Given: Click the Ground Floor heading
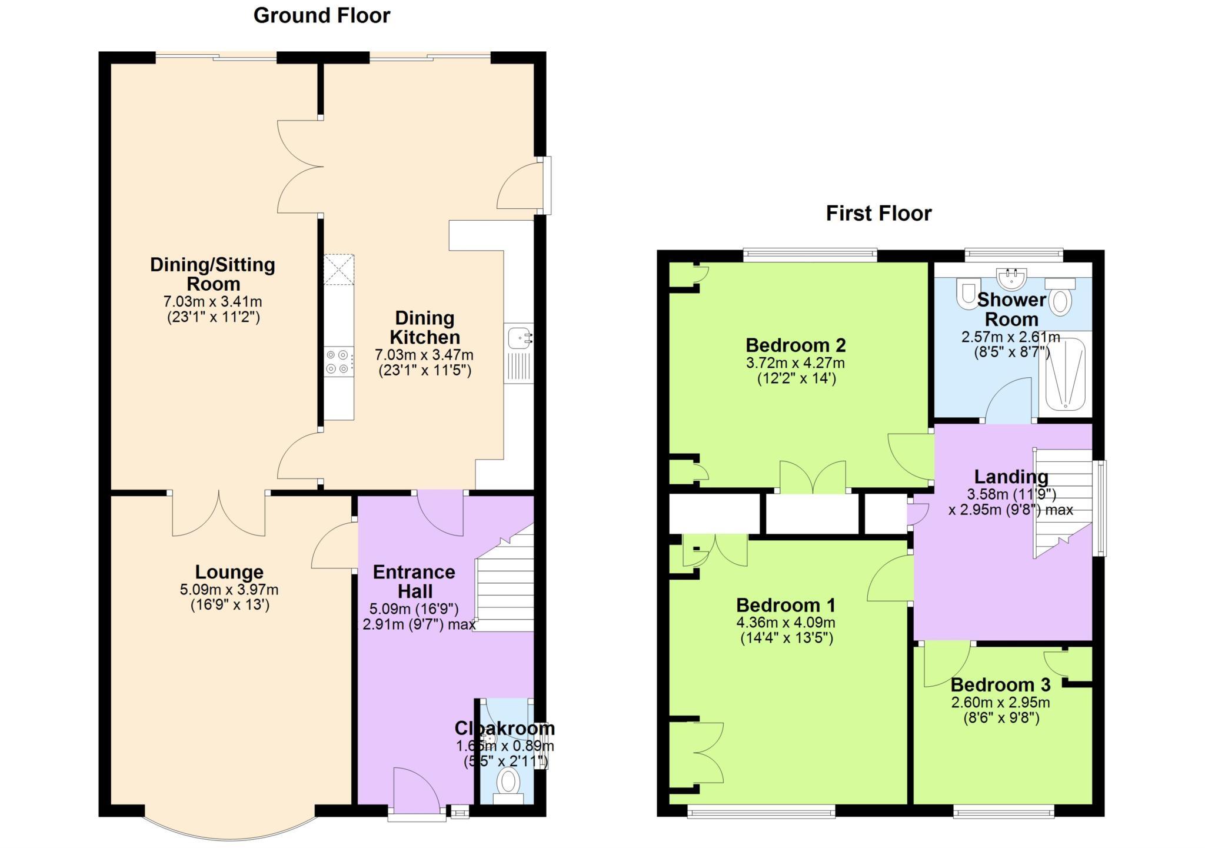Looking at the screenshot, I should (x=321, y=16).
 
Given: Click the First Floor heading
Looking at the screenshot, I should (x=878, y=213).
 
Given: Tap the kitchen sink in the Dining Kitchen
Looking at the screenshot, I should (x=520, y=338).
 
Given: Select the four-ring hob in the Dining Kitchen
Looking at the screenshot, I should (x=339, y=362).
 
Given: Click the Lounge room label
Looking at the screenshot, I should (x=229, y=572).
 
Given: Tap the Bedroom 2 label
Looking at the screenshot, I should (x=795, y=345).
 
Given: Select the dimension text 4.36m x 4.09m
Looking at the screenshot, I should (x=785, y=623).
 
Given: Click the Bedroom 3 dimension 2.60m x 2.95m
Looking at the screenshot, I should (x=1000, y=702).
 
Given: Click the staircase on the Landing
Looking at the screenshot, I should (x=1062, y=500).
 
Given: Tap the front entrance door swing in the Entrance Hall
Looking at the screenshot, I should (x=415, y=789).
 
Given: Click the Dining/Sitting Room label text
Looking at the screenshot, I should (x=212, y=274).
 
